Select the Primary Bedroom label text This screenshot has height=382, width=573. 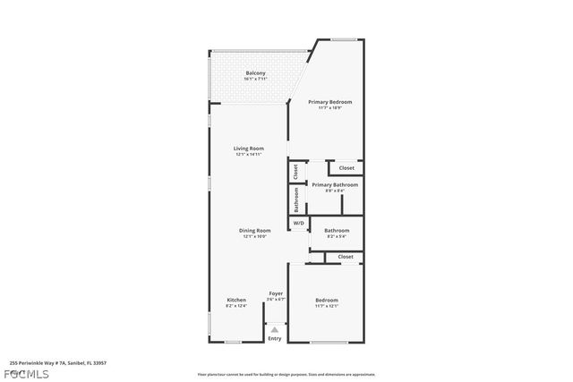(330, 102)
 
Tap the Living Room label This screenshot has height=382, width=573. (248, 149)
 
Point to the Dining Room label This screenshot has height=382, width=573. (254, 231)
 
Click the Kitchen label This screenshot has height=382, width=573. (235, 300)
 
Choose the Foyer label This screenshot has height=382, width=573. (276, 293)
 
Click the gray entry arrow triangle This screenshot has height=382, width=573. (275, 329)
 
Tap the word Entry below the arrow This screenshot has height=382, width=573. (275, 338)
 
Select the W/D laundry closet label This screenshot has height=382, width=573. (298, 224)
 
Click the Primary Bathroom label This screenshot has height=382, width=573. (334, 185)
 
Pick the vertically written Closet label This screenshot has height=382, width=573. (295, 170)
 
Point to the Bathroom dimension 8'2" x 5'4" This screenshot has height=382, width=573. (337, 236)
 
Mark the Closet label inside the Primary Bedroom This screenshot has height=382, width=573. (346, 168)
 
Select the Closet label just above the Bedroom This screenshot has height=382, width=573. (345, 257)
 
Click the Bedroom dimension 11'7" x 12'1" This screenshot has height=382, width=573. (326, 306)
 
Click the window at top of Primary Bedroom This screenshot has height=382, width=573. (345, 38)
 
